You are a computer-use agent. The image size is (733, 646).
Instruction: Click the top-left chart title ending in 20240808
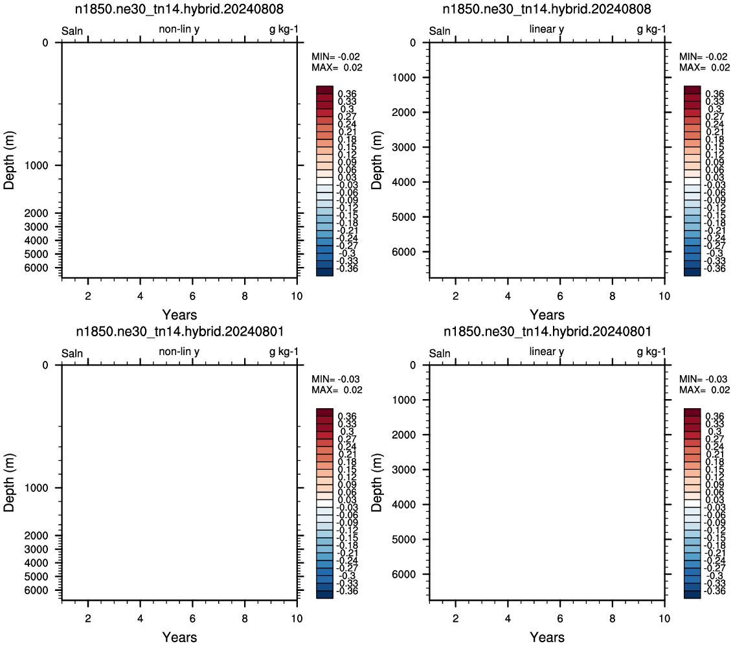pos(179,9)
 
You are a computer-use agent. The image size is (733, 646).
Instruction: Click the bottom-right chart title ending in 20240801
pos(547,331)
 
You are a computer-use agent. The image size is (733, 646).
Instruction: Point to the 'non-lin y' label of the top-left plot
pos(179,29)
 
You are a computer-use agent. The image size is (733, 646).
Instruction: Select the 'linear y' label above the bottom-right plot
pos(547,351)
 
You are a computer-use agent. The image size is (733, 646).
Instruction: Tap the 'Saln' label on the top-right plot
pos(440,31)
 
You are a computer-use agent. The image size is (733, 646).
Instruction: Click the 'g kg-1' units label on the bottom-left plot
pos(284,352)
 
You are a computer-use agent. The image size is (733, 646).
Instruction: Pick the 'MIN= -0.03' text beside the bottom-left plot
pos(335,379)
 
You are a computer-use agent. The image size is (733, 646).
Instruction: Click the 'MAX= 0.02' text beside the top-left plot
pos(337,67)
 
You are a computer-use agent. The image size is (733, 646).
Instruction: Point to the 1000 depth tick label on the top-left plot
pos(36,166)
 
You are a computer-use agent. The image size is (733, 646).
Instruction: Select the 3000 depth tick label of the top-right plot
pos(404,147)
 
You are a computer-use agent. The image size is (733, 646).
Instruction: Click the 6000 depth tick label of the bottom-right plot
pos(404,575)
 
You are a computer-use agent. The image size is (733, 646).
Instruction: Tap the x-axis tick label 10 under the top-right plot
pos(664,296)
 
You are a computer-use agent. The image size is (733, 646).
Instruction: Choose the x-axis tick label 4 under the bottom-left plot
pos(141,618)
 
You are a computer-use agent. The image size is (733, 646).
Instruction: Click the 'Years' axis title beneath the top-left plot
pos(179,314)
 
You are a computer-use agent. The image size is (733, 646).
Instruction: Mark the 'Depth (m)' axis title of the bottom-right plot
pos(376,483)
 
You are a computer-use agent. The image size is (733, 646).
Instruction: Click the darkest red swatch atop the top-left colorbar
pos(324,90)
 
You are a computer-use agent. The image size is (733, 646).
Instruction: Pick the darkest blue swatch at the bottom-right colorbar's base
pos(692,595)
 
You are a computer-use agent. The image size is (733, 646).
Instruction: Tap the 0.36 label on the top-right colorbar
pos(715,94)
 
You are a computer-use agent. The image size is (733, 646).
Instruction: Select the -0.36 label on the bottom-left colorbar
pos(347,591)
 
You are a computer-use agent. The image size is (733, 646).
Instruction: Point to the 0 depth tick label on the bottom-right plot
pos(412,365)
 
